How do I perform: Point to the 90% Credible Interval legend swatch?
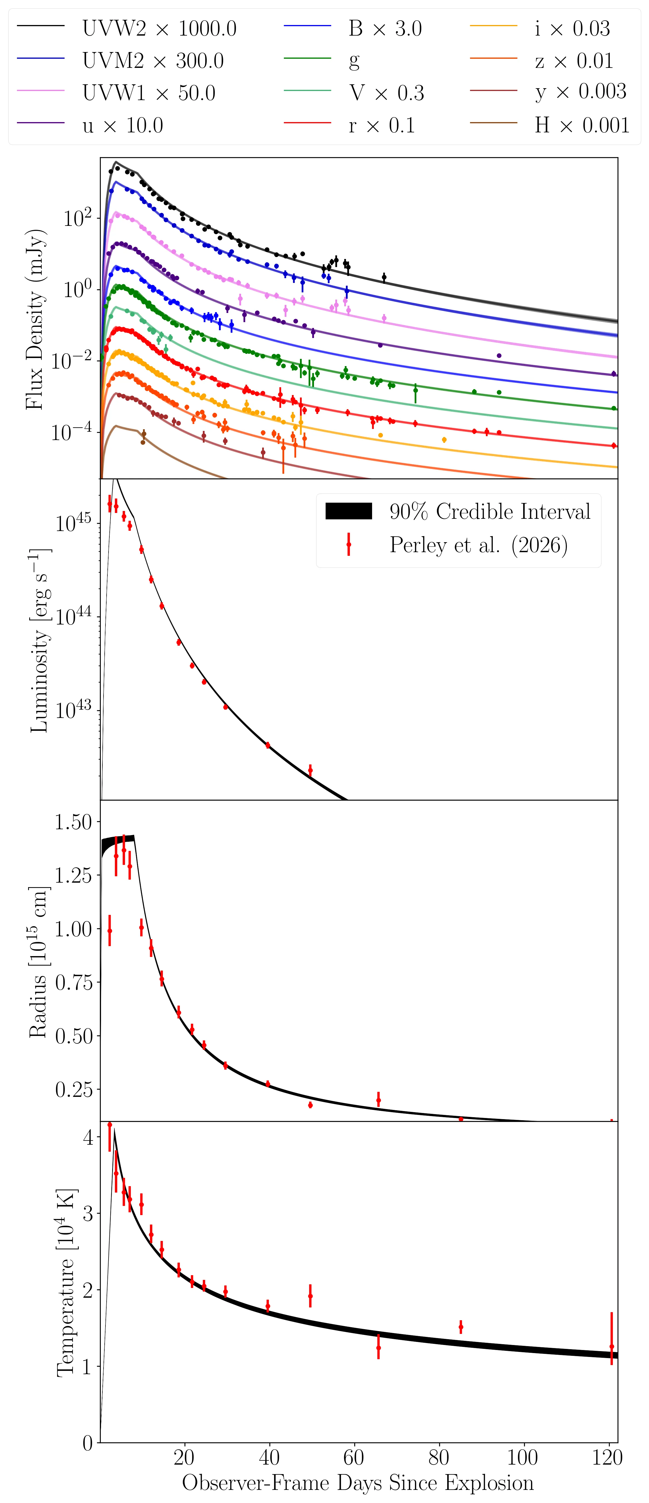[x=348, y=511]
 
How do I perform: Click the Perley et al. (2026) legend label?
[x=479, y=545]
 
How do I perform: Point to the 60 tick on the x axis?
[x=354, y=1457]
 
